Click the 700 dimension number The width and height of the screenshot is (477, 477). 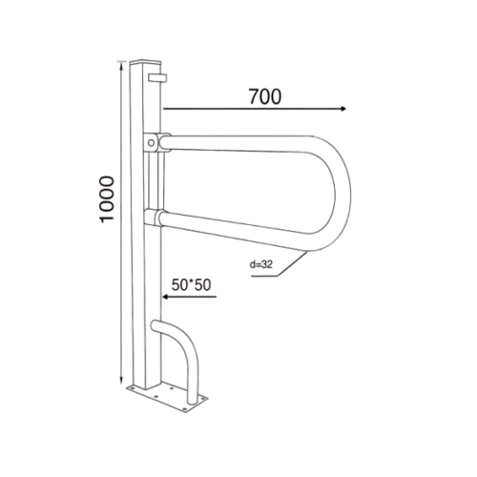tap(265, 96)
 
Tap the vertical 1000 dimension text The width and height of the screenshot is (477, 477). tap(107, 199)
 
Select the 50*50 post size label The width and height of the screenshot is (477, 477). tap(191, 285)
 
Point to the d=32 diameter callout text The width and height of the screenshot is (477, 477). tap(261, 264)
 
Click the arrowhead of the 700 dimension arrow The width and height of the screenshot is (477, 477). tap(343, 109)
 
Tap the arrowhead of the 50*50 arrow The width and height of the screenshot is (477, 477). tap(165, 297)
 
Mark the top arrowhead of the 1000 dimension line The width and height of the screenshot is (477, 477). tap(121, 65)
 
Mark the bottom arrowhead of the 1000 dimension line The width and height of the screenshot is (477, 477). tap(121, 380)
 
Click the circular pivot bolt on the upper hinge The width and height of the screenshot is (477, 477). tap(152, 143)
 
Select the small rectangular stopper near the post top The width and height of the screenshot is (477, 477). tap(157, 78)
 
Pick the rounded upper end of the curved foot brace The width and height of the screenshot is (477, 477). tap(156, 325)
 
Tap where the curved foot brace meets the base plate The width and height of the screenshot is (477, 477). tap(192, 402)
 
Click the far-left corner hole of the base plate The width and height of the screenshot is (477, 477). tap(130, 387)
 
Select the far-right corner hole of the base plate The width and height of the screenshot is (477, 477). tap(202, 398)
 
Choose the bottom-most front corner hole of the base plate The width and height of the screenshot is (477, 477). tap(184, 410)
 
